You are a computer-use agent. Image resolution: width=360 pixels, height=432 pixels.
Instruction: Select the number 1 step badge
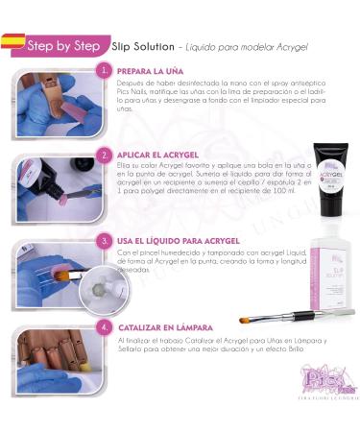coord(105,71)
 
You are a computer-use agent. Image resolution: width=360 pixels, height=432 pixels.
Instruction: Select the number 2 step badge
coord(105,154)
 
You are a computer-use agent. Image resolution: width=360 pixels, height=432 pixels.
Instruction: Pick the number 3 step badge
coord(105,240)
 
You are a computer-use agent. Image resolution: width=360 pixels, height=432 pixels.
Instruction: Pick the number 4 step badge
coord(105,326)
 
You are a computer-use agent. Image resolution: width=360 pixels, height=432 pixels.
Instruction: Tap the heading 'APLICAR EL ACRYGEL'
coord(157,154)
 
